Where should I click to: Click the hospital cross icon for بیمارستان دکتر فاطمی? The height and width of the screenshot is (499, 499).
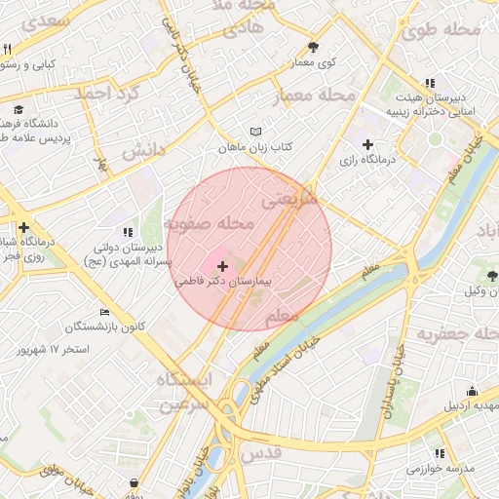tap(222, 265)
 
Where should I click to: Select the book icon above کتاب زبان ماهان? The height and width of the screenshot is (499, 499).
tap(256, 132)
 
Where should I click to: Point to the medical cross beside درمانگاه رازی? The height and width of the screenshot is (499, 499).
tap(366, 144)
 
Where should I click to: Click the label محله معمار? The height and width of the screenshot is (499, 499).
tap(322, 96)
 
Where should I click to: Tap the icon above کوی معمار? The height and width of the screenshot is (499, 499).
tap(313, 47)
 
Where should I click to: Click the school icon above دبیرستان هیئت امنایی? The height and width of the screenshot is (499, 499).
tap(430, 83)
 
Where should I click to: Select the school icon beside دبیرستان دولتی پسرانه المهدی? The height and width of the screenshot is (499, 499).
tap(127, 232)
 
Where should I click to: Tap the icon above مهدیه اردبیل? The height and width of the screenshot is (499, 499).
tap(472, 391)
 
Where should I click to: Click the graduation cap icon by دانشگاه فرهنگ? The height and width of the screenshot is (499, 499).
tap(19, 109)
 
